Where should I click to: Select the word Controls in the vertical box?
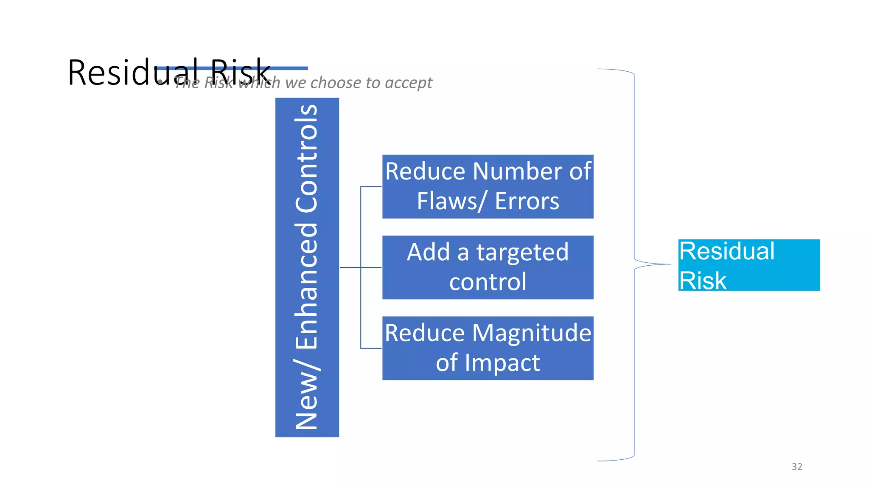[x=307, y=158]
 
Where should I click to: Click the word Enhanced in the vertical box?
[x=307, y=285]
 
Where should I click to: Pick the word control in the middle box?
[x=488, y=282]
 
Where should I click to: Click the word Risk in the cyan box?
[x=703, y=281]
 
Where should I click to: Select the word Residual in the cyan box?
[x=727, y=251]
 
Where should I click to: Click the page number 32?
[x=797, y=467]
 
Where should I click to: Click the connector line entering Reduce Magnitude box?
[x=371, y=348]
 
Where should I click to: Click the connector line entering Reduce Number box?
[x=371, y=187]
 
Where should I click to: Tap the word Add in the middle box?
[x=428, y=253]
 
